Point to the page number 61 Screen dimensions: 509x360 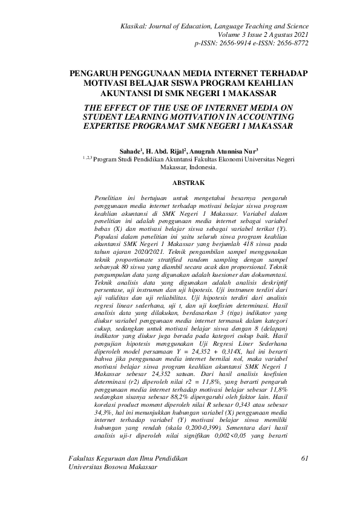[304, 477]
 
